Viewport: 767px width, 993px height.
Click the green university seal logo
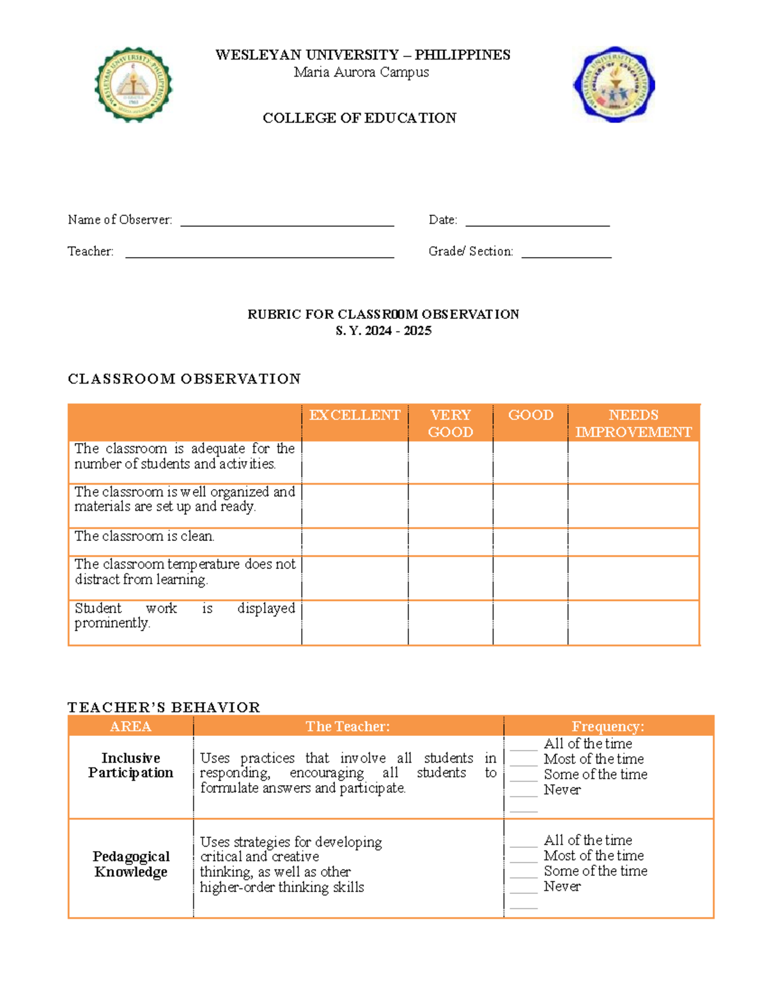pyautogui.click(x=133, y=84)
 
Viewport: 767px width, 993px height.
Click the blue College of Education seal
pyautogui.click(x=614, y=84)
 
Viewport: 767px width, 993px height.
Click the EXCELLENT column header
pyautogui.click(x=355, y=416)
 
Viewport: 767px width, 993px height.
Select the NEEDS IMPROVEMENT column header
pyautogui.click(x=633, y=423)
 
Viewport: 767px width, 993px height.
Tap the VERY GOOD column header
pyautogui.click(x=451, y=423)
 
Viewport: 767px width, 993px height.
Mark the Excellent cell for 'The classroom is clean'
pyautogui.click(x=355, y=542)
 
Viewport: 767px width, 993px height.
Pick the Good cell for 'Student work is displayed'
pyautogui.click(x=531, y=622)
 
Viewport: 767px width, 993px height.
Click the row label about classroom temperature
pyautogui.click(x=185, y=572)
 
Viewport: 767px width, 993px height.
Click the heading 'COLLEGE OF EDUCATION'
pyautogui.click(x=359, y=118)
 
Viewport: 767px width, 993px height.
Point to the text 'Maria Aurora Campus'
pyautogui.click(x=361, y=72)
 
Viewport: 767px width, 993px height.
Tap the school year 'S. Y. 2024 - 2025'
pyautogui.click(x=383, y=331)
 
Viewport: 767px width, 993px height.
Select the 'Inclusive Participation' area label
pyautogui.click(x=131, y=765)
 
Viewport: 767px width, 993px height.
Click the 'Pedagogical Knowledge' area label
pyautogui.click(x=131, y=864)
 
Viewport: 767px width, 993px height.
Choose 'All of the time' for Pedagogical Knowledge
pyautogui.click(x=523, y=841)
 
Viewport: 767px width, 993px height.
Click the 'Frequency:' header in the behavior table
pyautogui.click(x=608, y=726)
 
